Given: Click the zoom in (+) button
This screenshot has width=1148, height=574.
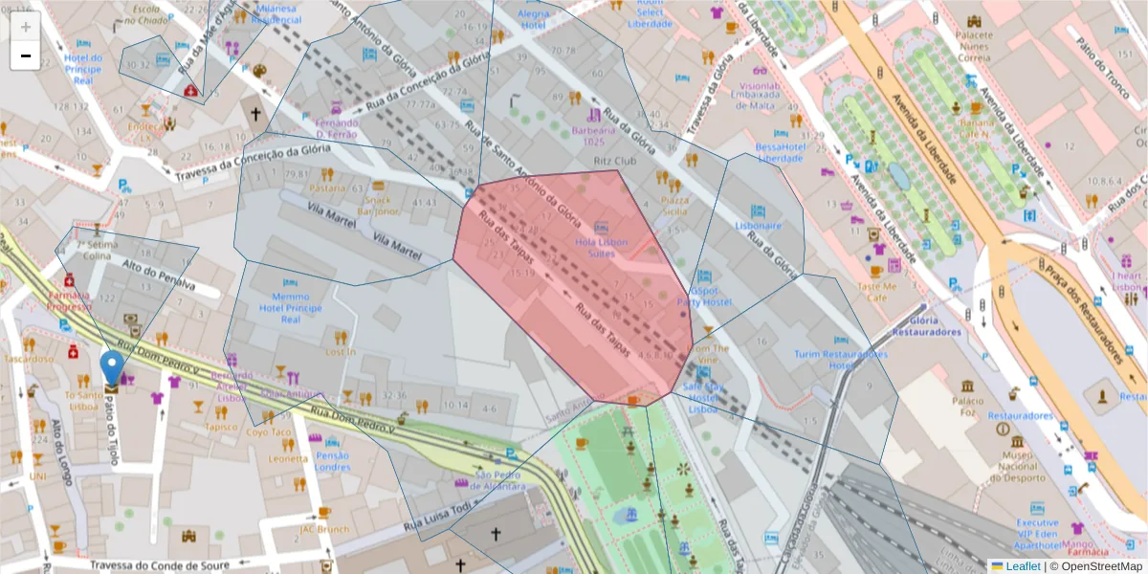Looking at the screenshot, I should [x=25, y=27].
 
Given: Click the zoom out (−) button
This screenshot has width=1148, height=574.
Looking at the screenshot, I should [x=25, y=55].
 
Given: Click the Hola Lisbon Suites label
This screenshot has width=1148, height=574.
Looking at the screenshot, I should [x=601, y=248].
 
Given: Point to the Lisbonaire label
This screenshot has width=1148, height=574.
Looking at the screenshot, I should [x=758, y=226].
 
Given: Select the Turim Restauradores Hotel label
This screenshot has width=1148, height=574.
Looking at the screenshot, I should [x=840, y=359].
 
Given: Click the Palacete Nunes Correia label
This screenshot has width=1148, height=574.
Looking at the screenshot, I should [x=974, y=45].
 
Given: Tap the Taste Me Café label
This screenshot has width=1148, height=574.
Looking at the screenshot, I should [x=876, y=292].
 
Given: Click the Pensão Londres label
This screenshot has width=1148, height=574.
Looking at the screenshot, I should [x=332, y=461].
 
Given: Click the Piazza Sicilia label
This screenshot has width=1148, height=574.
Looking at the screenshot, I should [x=674, y=206].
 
